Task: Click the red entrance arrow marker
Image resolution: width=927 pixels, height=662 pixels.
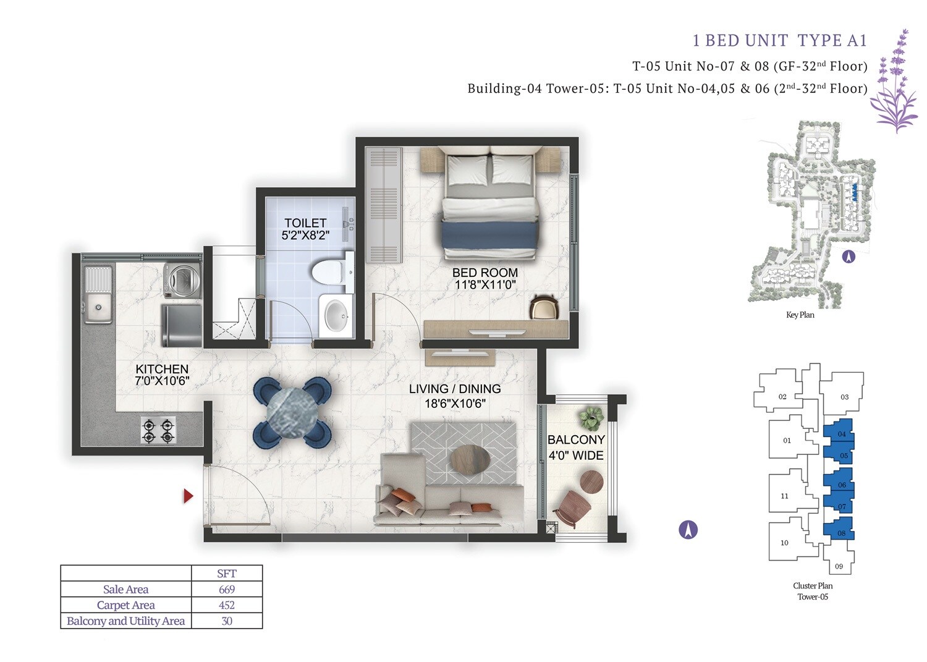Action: click(188, 496)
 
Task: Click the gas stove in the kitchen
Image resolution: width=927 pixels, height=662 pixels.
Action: click(158, 430)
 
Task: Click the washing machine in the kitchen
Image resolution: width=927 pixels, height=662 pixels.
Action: click(182, 280)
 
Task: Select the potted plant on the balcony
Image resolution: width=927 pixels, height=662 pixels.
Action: click(592, 418)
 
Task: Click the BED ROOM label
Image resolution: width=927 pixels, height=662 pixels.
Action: click(485, 273)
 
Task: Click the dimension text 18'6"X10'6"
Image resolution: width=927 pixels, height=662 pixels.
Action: click(455, 404)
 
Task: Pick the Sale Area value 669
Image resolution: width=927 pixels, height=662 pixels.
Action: click(227, 590)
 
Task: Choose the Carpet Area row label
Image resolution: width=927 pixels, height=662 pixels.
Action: click(125, 605)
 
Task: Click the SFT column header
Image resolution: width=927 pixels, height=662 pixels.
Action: click(227, 574)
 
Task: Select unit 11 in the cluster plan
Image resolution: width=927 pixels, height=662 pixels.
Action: click(785, 495)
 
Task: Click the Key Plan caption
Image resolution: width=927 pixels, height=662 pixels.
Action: click(800, 315)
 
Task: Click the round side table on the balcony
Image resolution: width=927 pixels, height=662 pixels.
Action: click(591, 482)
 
